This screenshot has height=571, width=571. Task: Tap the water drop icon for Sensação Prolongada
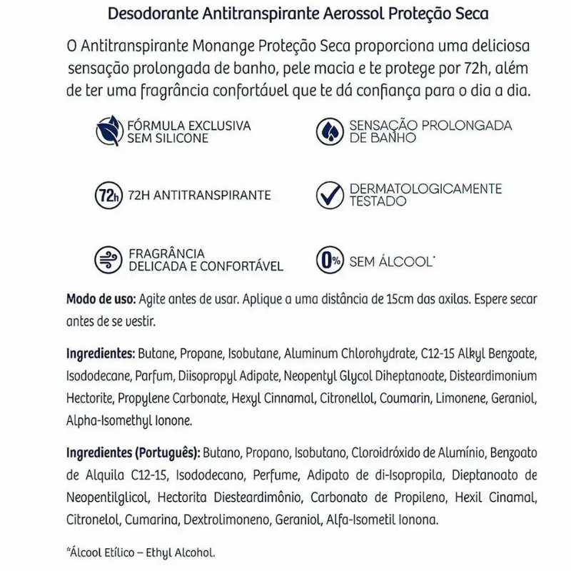[330, 131]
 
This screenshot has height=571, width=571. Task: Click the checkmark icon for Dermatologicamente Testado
[330, 196]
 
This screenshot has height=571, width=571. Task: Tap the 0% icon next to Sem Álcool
[330, 261]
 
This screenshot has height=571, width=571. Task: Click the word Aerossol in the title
[363, 15]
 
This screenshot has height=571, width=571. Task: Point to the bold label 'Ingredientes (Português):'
[133, 453]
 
